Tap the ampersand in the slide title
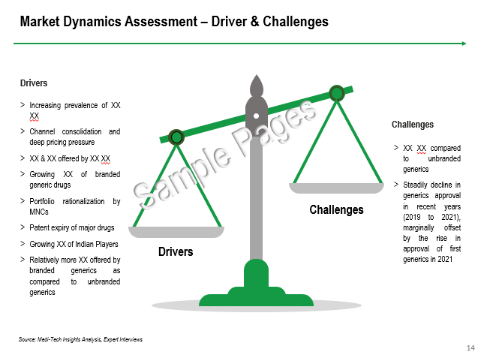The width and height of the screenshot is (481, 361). click(x=254, y=22)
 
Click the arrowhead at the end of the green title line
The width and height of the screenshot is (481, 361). click(x=464, y=44)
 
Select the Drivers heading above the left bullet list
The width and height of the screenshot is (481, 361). click(x=34, y=83)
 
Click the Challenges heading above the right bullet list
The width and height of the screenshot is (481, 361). click(x=413, y=125)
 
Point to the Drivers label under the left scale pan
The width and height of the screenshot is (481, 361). click(x=176, y=252)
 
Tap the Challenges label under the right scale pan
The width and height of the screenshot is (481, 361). click(x=336, y=210)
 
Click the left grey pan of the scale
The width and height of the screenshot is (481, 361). click(x=176, y=232)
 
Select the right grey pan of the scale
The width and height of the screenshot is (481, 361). click(x=336, y=188)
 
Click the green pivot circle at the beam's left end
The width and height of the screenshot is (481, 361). click(x=176, y=137)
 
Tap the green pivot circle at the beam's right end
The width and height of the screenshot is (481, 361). click(x=337, y=93)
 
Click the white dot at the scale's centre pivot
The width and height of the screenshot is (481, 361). click(x=256, y=116)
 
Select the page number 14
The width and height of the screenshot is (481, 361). click(x=470, y=347)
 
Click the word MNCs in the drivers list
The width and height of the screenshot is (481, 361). click(x=39, y=212)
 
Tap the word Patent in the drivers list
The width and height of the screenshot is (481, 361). click(x=39, y=228)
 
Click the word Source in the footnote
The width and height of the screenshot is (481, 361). click(x=27, y=339)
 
